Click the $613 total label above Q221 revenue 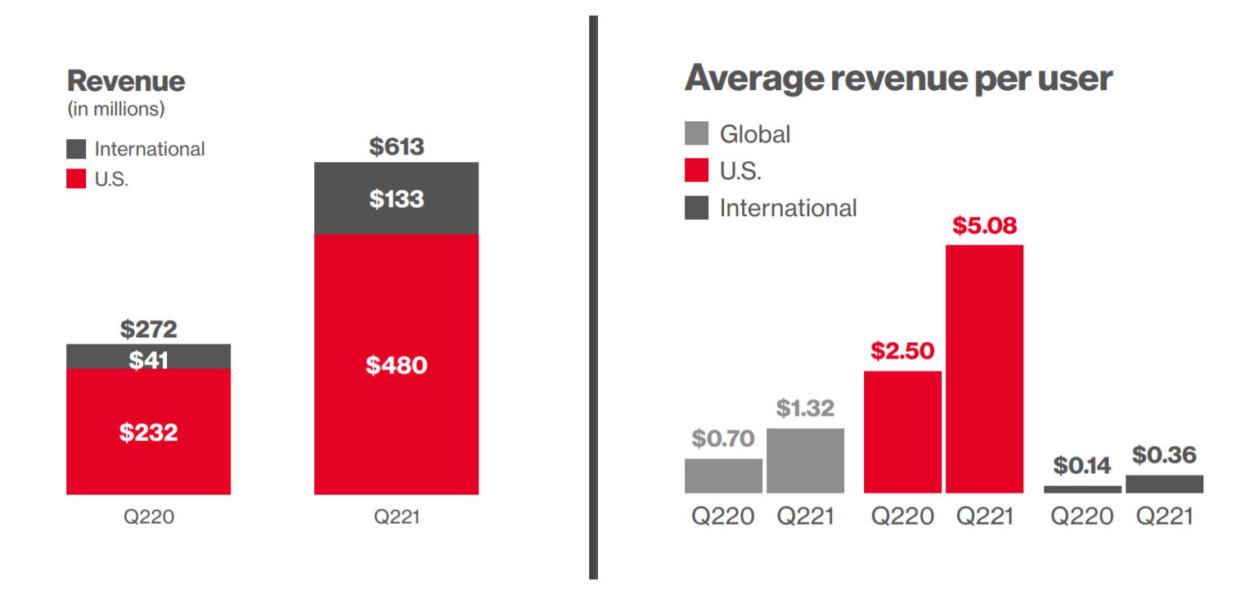pyautogui.click(x=396, y=146)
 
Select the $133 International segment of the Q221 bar pyautogui.click(x=396, y=198)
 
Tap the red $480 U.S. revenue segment pyautogui.click(x=396, y=364)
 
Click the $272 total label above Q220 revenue pyautogui.click(x=148, y=329)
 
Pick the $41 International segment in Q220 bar pyautogui.click(x=148, y=358)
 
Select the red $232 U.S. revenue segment pyautogui.click(x=148, y=431)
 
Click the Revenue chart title pyautogui.click(x=126, y=81)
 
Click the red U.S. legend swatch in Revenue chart pyautogui.click(x=76, y=179)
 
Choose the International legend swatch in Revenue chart pyautogui.click(x=76, y=149)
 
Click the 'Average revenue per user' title pyautogui.click(x=898, y=79)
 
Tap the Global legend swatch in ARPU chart pyautogui.click(x=696, y=133)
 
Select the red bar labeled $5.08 pyautogui.click(x=984, y=368)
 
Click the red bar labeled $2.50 pyautogui.click(x=902, y=431)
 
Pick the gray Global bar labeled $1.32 pyautogui.click(x=805, y=460)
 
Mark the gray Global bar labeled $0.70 pyautogui.click(x=723, y=476)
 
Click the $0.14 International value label pyautogui.click(x=1081, y=466)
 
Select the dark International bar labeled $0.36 pyautogui.click(x=1164, y=484)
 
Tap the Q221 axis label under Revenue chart pyautogui.click(x=396, y=517)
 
